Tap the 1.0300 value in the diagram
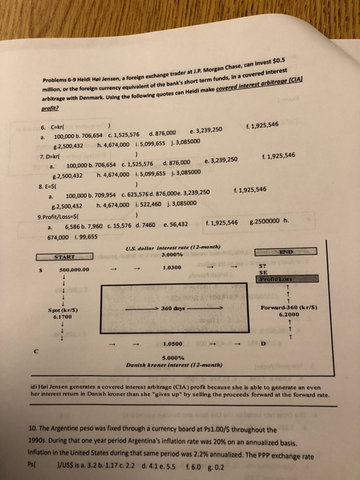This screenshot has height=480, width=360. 173,267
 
